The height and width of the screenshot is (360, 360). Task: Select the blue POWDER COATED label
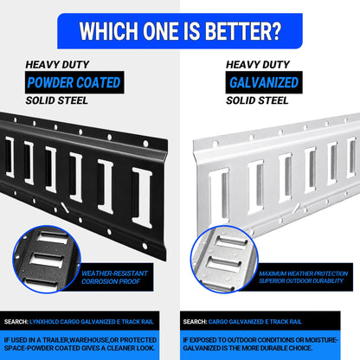click(74, 82)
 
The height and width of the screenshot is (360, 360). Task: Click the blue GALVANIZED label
click(264, 82)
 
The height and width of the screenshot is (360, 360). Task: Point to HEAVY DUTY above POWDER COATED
click(57, 65)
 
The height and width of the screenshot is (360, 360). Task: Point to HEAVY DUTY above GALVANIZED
click(258, 65)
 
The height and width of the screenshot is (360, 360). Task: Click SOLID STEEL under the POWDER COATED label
click(56, 100)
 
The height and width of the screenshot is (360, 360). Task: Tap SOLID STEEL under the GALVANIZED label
click(257, 100)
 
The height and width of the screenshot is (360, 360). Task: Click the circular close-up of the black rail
click(47, 259)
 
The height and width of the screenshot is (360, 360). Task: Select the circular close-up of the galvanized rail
click(224, 259)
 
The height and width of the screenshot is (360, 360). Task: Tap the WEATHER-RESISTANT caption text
click(114, 273)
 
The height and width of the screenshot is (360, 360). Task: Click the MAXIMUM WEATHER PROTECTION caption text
click(303, 273)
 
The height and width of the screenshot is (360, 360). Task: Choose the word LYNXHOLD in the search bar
click(44, 322)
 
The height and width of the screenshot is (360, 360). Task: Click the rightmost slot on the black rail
click(142, 197)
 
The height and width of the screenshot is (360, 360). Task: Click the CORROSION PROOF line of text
click(111, 281)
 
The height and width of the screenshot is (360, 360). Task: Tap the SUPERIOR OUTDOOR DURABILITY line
click(301, 280)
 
